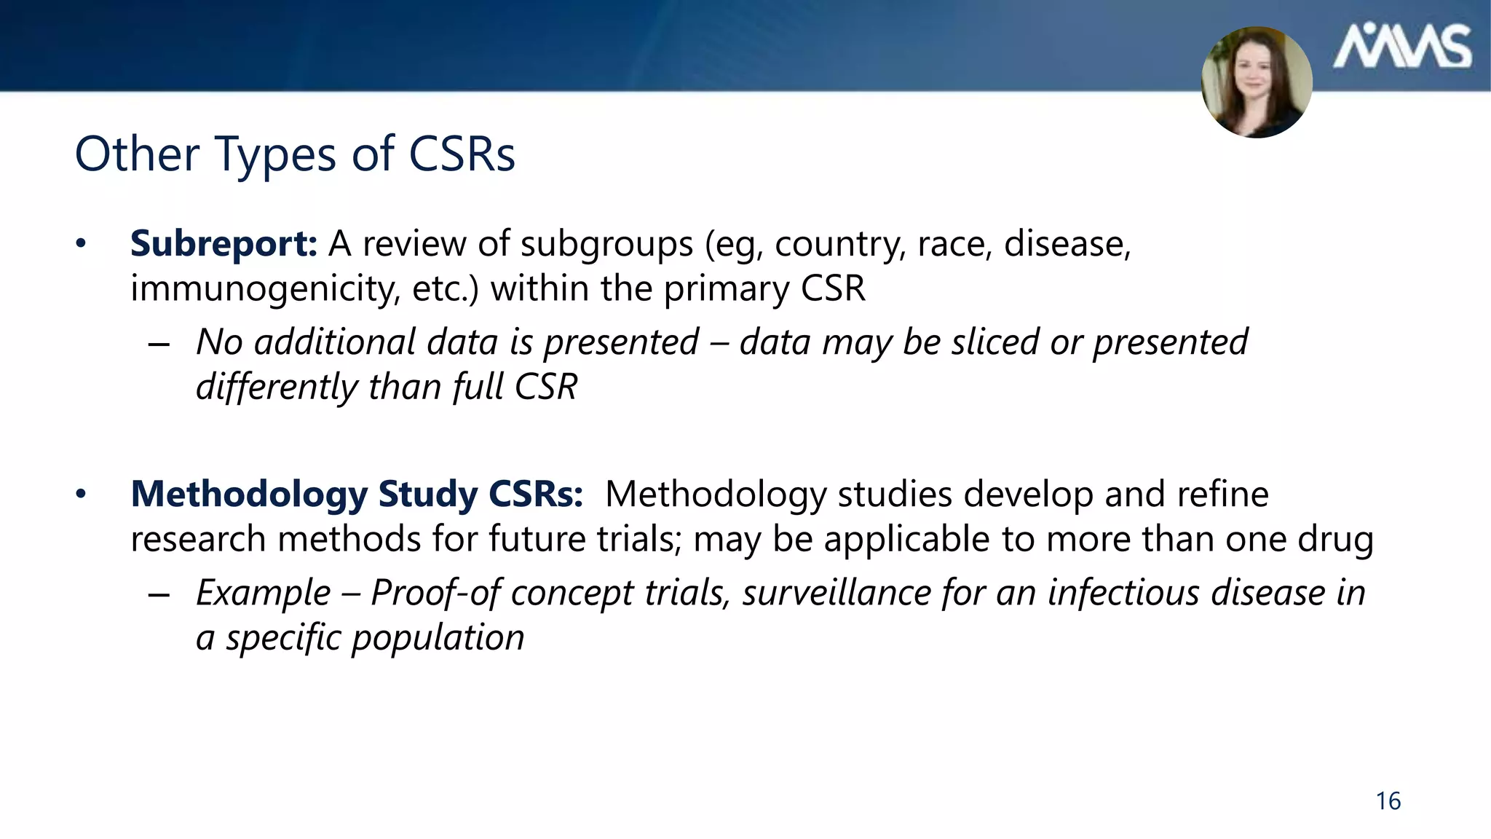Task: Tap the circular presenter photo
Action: (1257, 82)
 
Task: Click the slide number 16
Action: (1388, 801)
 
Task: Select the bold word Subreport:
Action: (224, 243)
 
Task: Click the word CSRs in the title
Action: (462, 154)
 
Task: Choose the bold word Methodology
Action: (249, 495)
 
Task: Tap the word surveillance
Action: (837, 592)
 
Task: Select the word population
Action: (438, 637)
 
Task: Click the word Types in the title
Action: (275, 154)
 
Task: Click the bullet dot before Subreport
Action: (81, 243)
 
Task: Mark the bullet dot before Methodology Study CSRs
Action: (81, 495)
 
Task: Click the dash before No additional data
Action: (158, 343)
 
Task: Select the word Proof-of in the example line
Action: (435, 592)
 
